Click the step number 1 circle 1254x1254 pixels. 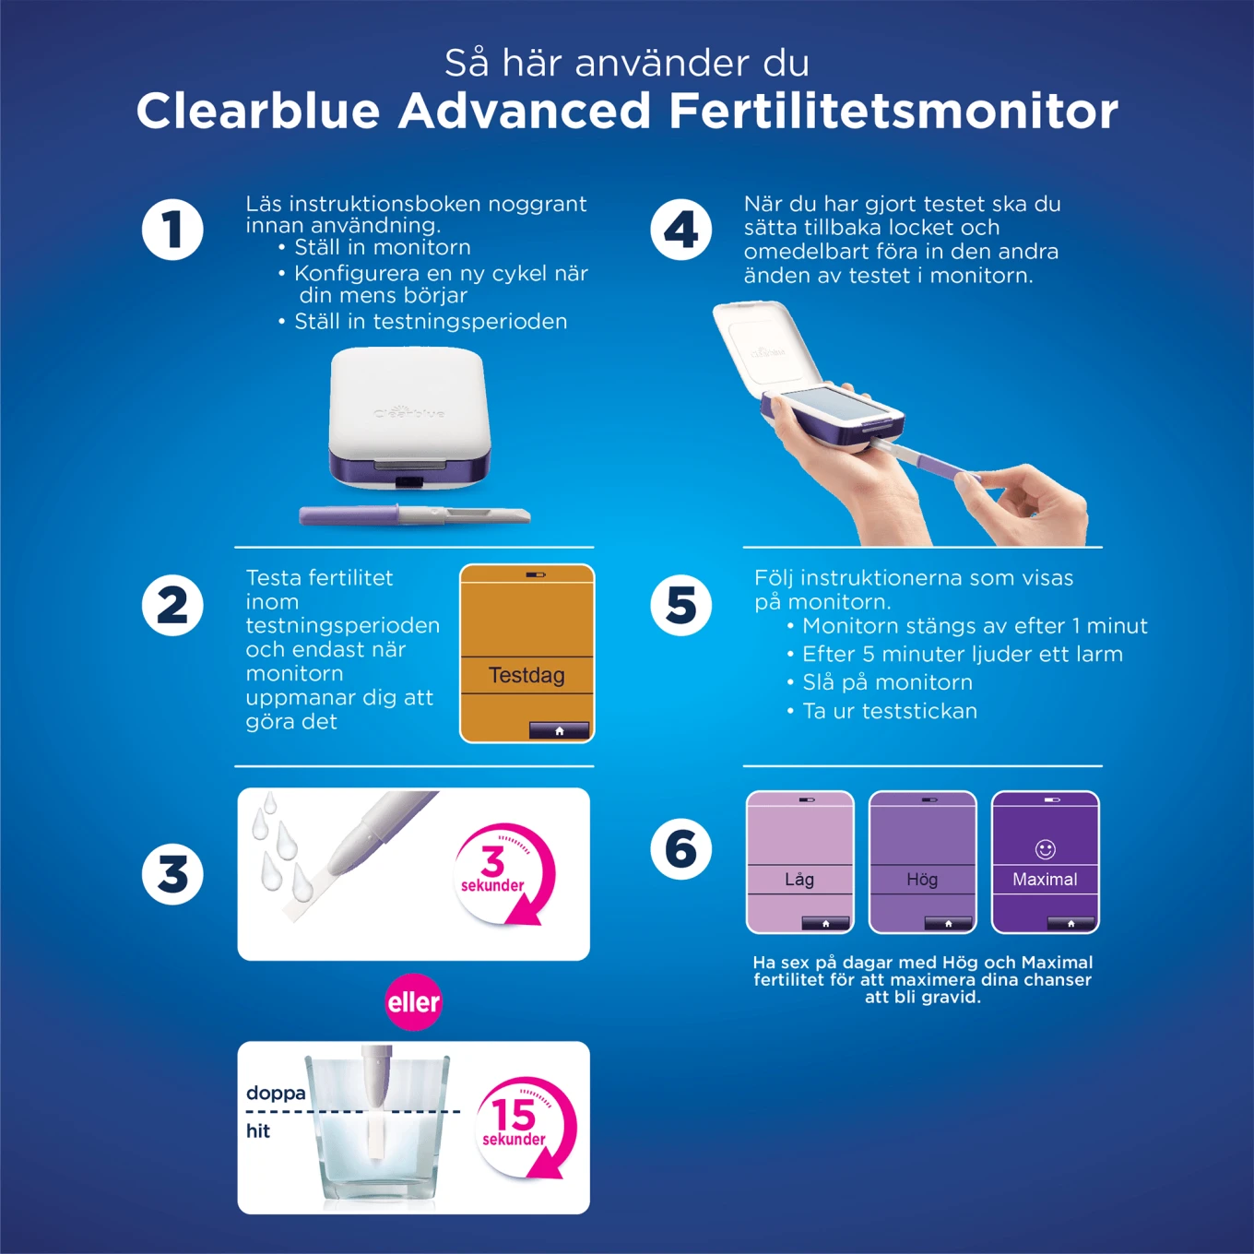pyautogui.click(x=172, y=230)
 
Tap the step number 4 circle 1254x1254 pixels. pyautogui.click(x=680, y=230)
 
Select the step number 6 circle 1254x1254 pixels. pyautogui.click(x=680, y=848)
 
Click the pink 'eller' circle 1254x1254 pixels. pyautogui.click(x=413, y=1001)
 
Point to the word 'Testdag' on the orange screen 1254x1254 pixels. pyautogui.click(x=526, y=675)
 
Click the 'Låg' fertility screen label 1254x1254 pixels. pyautogui.click(x=799, y=879)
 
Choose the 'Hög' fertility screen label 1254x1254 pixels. pyautogui.click(x=922, y=879)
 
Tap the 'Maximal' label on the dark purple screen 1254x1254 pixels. pyautogui.click(x=1045, y=879)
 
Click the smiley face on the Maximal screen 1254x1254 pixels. pyautogui.click(x=1045, y=848)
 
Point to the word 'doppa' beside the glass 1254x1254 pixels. pyautogui.click(x=276, y=1093)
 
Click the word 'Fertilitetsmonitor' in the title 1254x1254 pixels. pyautogui.click(x=893, y=111)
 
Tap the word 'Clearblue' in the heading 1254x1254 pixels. pyautogui.click(x=258, y=111)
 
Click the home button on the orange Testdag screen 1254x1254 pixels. pyautogui.click(x=559, y=730)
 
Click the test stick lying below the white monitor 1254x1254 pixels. pyautogui.click(x=414, y=515)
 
